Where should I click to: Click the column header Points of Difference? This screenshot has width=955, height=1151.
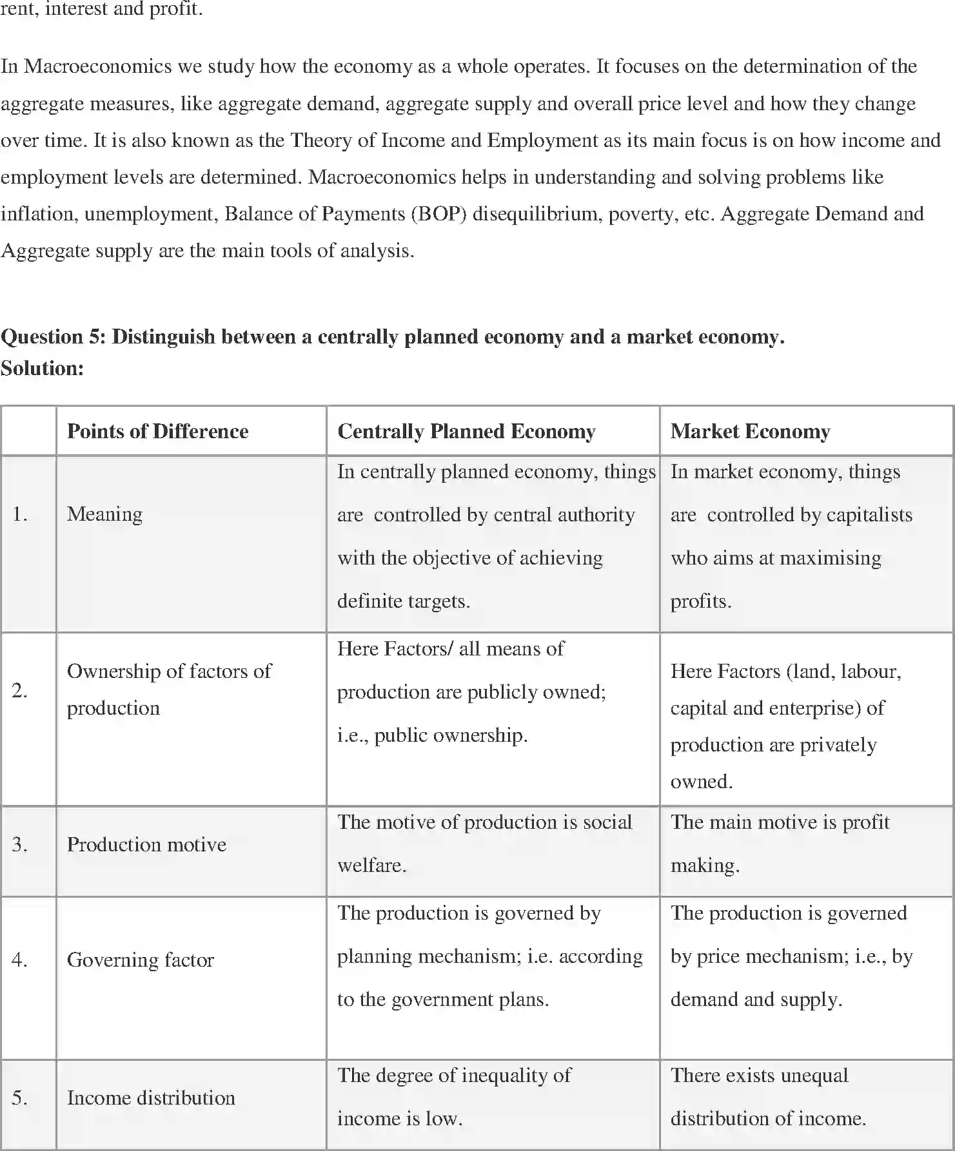[157, 431]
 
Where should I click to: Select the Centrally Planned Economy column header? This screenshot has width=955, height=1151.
[466, 431]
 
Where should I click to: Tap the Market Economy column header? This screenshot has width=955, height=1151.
[750, 431]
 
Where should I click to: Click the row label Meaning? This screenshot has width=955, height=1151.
[104, 514]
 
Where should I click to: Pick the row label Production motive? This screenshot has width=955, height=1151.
[146, 844]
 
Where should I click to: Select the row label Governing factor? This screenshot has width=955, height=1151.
[140, 960]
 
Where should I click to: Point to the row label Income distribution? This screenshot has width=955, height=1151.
[151, 1098]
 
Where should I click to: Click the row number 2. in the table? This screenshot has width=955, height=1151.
[19, 690]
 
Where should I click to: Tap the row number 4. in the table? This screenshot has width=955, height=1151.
[19, 960]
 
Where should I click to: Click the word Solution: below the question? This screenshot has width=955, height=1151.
[43, 368]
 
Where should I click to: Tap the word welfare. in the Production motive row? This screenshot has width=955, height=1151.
[371, 865]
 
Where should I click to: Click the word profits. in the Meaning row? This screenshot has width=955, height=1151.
[701, 601]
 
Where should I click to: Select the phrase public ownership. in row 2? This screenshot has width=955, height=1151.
[450, 735]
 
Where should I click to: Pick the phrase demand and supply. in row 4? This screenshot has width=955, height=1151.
[756, 1000]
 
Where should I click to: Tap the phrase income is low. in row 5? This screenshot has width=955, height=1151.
[400, 1118]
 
